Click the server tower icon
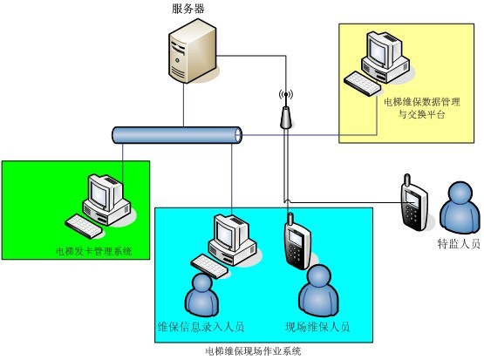(193, 51)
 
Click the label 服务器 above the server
(188, 9)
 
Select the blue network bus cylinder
(177, 135)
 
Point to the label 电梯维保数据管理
(422, 101)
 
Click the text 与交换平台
(422, 114)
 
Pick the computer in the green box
(99, 206)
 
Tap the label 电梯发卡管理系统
(93, 251)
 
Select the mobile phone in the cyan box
(297, 241)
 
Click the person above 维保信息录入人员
(202, 295)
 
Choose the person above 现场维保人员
(319, 290)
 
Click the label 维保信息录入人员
(201, 327)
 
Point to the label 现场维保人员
(317, 327)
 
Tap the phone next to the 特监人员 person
(414, 203)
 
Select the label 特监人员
(459, 244)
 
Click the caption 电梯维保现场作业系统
(253, 351)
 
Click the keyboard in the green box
(84, 227)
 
